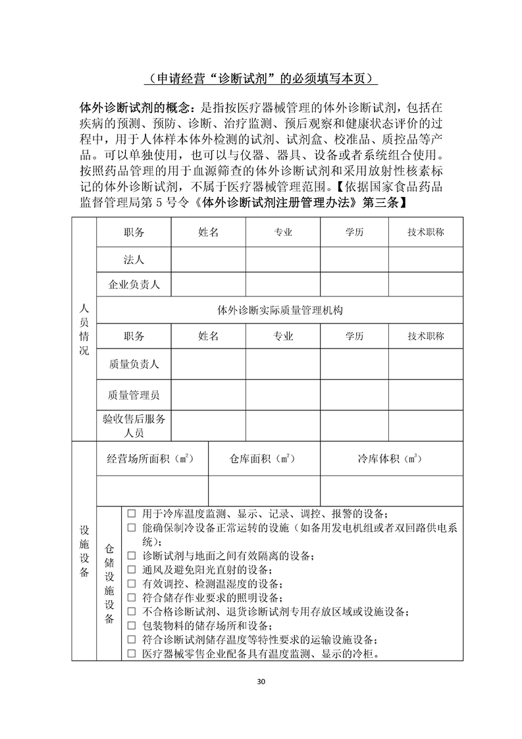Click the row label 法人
tap(134, 260)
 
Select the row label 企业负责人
tap(134, 285)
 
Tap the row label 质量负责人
tap(134, 364)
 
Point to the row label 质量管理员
tap(134, 395)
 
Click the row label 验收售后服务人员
tap(134, 425)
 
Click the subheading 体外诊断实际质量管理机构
tap(280, 310)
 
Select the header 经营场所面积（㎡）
tap(152, 458)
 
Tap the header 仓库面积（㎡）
tap(264, 458)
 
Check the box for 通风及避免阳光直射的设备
tap(131, 570)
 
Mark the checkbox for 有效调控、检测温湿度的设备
tap(131, 584)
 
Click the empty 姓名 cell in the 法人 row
tap(208, 260)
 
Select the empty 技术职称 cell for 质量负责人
tap(425, 364)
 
